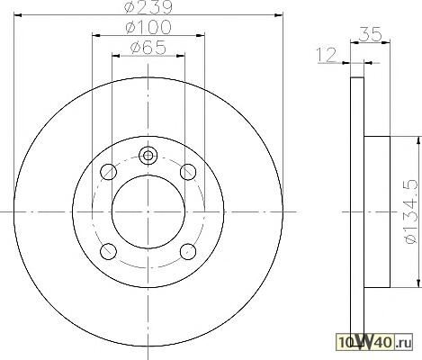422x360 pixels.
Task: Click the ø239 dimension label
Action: pos(148,7)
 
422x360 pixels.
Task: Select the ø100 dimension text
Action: pos(148,27)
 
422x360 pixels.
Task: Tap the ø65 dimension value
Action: pos(148,48)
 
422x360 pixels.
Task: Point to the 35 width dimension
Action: pos(371,34)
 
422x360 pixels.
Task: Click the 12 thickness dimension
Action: pos(326,55)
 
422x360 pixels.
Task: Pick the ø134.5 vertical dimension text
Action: pos(410,211)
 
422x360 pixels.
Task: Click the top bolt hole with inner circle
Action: pos(148,156)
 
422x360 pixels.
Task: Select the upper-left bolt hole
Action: pos(108,172)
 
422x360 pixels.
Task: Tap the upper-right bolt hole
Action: pos(188,172)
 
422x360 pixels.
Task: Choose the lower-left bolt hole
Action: pos(108,251)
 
